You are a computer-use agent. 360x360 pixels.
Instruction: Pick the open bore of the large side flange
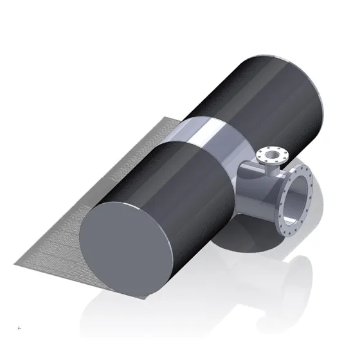(298, 199)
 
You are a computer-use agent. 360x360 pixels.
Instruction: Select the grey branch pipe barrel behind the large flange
(257, 193)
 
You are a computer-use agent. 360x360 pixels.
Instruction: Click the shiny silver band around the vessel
(212, 138)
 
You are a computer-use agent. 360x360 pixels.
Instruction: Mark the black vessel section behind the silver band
(270, 96)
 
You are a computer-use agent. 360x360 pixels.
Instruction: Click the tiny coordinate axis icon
(21, 328)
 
